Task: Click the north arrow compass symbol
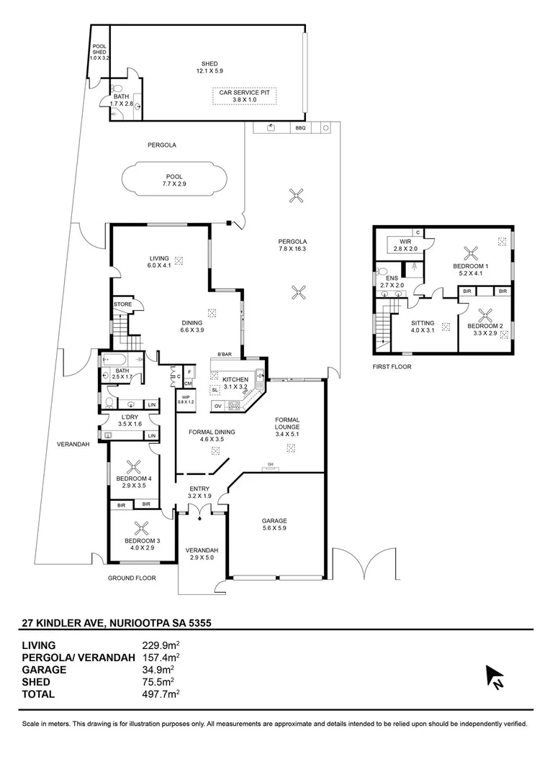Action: (x=495, y=676)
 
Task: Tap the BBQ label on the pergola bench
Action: (x=300, y=128)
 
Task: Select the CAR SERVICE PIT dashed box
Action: (x=245, y=96)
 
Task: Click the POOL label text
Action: (x=174, y=176)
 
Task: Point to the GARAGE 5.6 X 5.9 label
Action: (x=274, y=524)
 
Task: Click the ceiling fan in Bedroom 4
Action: (x=134, y=467)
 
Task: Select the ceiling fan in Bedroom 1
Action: (x=471, y=254)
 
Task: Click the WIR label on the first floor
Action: (x=405, y=242)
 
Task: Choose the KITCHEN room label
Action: (x=235, y=380)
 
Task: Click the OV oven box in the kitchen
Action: (x=217, y=406)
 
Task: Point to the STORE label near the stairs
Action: (x=122, y=304)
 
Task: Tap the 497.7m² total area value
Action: (x=161, y=694)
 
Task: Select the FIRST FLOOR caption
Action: (x=392, y=367)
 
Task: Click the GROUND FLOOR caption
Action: (x=132, y=578)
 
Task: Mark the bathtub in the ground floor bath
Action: (x=122, y=360)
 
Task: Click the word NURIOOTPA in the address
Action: (x=140, y=623)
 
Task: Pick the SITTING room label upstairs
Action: (x=423, y=323)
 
